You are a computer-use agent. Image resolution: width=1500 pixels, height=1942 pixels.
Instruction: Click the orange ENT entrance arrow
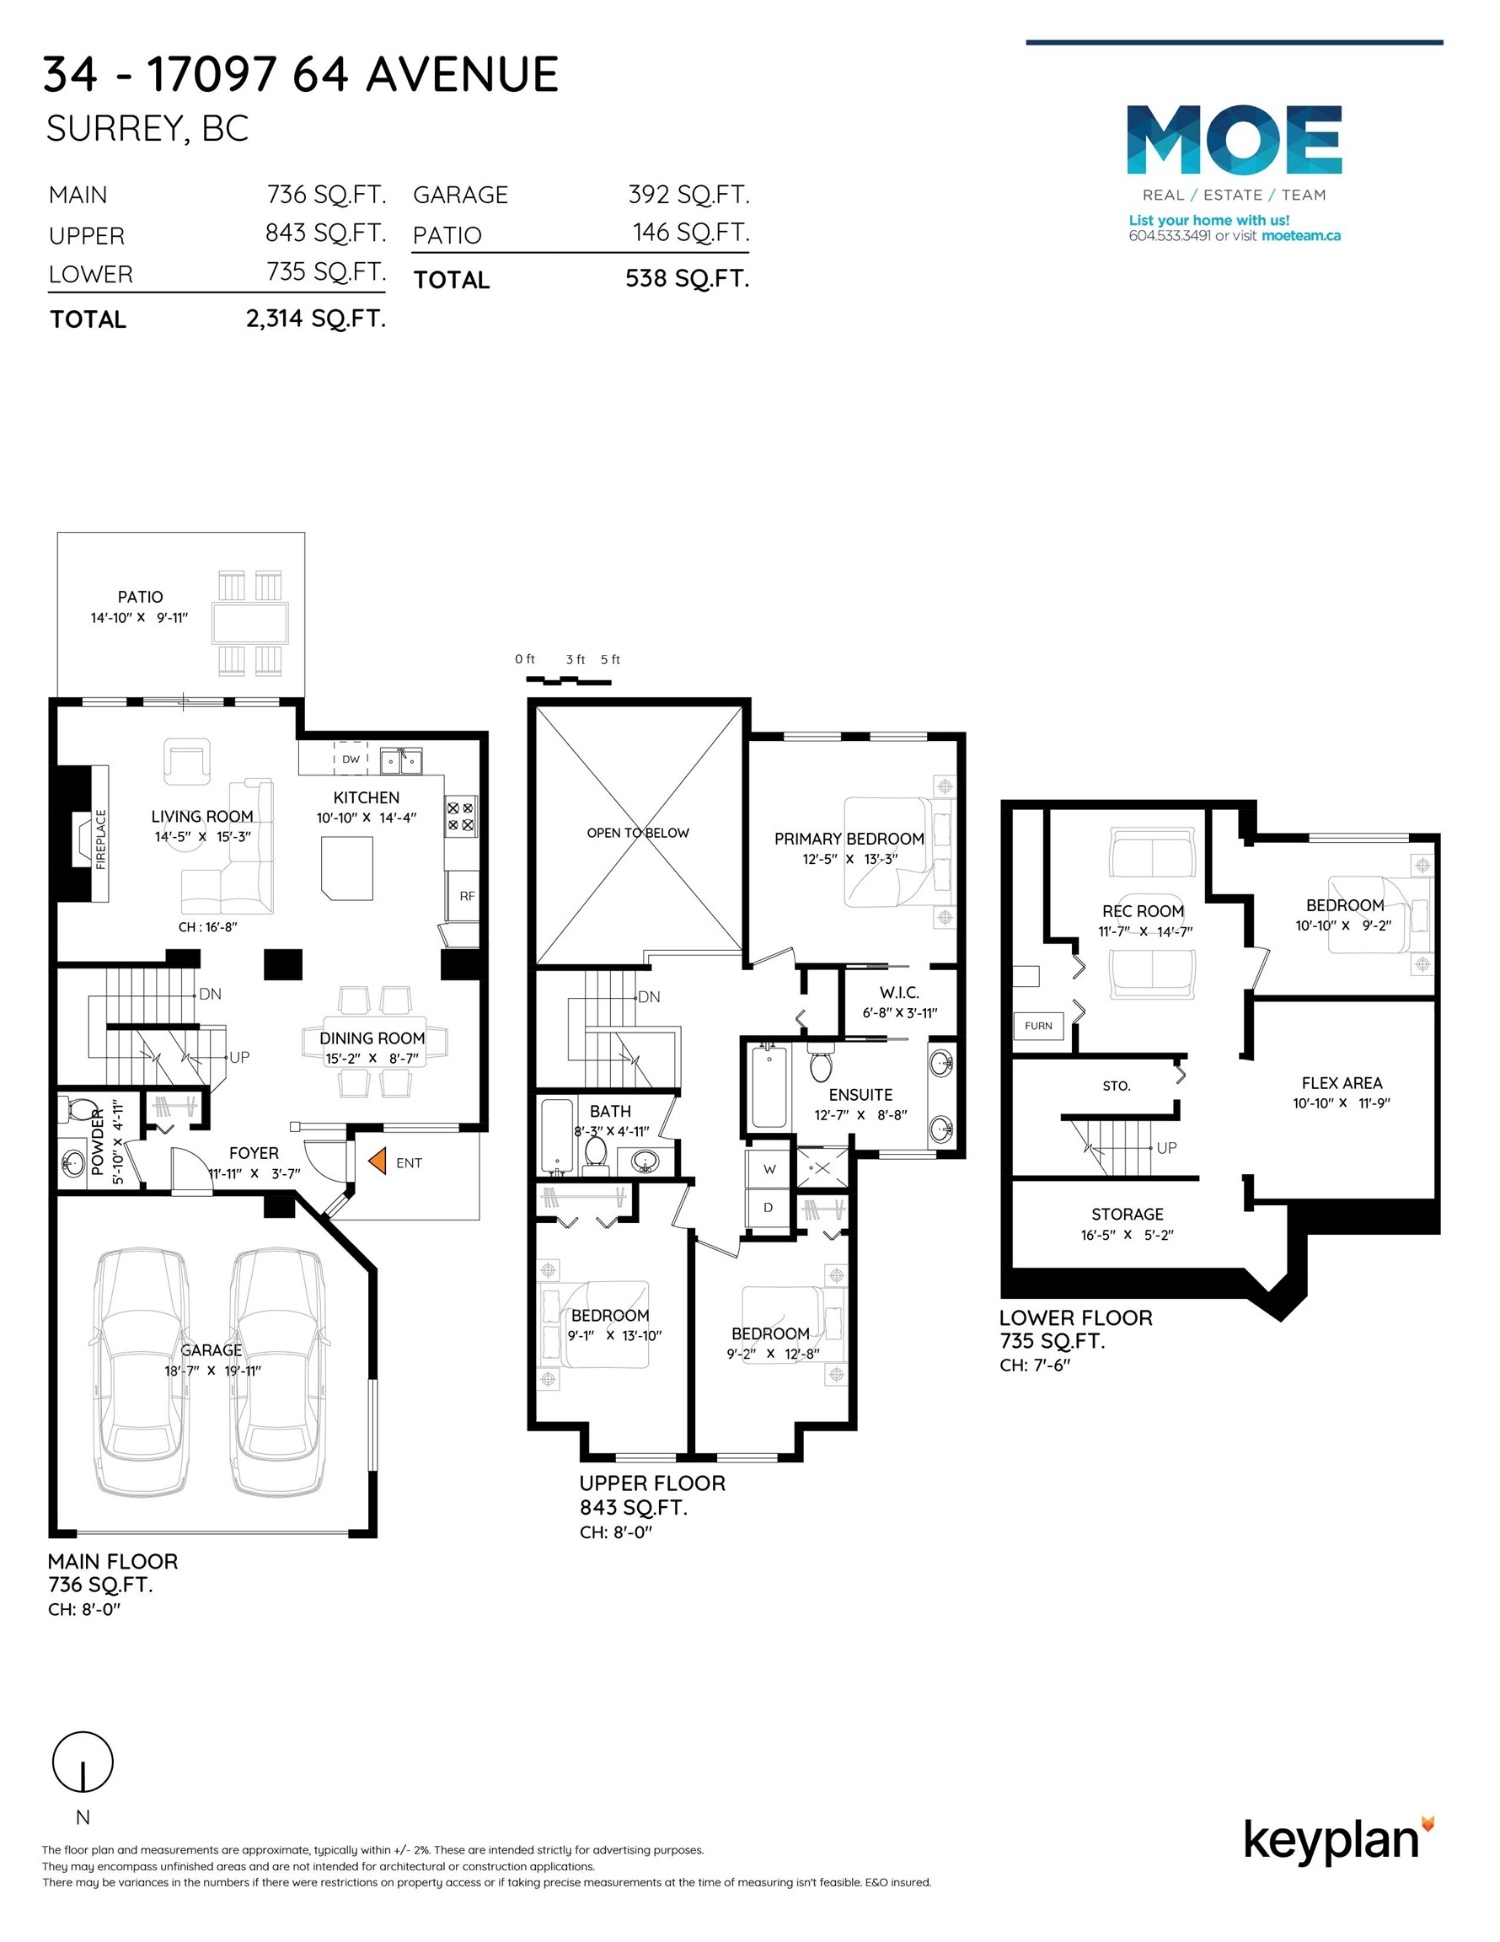(377, 1161)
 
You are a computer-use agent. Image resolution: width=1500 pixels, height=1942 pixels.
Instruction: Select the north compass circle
(83, 1762)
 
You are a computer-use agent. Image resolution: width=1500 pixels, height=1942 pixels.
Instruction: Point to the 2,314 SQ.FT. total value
(316, 319)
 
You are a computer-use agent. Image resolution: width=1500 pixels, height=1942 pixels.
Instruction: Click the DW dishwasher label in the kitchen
(351, 759)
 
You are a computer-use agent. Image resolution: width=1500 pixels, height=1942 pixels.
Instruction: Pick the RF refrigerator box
(467, 895)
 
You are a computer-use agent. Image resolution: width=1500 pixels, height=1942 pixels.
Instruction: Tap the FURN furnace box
(1037, 1025)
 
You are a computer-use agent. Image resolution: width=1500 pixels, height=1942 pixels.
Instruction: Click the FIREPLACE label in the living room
(99, 839)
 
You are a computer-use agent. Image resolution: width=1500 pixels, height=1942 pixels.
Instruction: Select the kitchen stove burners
(461, 816)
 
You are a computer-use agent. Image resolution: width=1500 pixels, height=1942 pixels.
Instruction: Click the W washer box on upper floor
(769, 1168)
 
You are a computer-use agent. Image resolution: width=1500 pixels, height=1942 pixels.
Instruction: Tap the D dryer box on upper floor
(769, 1207)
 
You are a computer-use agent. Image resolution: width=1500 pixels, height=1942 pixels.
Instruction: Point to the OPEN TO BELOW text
(638, 832)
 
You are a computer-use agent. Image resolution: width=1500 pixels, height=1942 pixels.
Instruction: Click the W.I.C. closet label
(899, 992)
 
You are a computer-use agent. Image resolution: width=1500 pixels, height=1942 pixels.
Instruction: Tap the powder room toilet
(78, 1111)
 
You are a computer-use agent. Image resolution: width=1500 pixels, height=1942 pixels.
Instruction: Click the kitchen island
(346, 867)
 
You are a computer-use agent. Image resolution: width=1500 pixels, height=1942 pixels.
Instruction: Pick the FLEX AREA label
(1341, 1082)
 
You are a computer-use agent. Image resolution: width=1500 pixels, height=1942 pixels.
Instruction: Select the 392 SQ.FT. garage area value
(688, 194)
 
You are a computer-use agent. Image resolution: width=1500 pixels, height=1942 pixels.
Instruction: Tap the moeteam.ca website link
(1300, 236)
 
